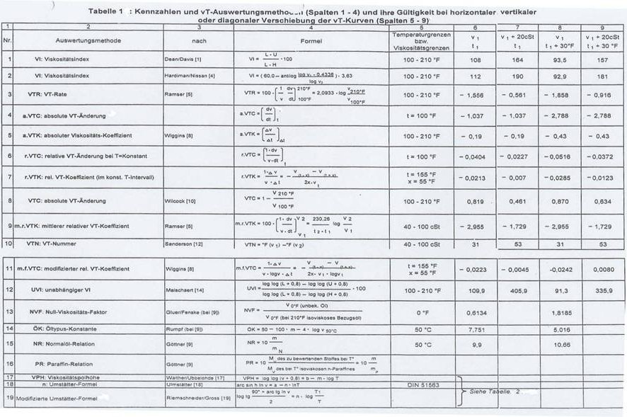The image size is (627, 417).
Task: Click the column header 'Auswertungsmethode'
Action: (88, 40)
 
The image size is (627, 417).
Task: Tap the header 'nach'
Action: (198, 40)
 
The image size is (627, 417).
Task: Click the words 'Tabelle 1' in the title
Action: (107, 12)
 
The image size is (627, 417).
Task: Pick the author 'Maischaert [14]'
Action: (187, 290)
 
